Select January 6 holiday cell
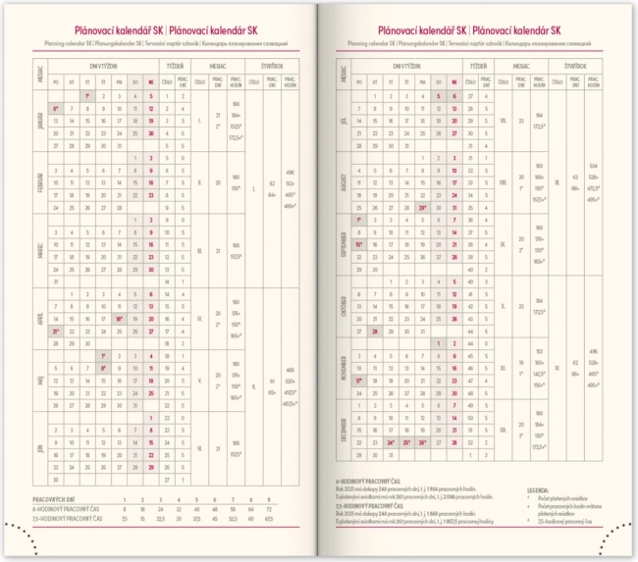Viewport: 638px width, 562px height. click(57, 109)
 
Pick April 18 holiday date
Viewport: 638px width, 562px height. click(119, 319)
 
